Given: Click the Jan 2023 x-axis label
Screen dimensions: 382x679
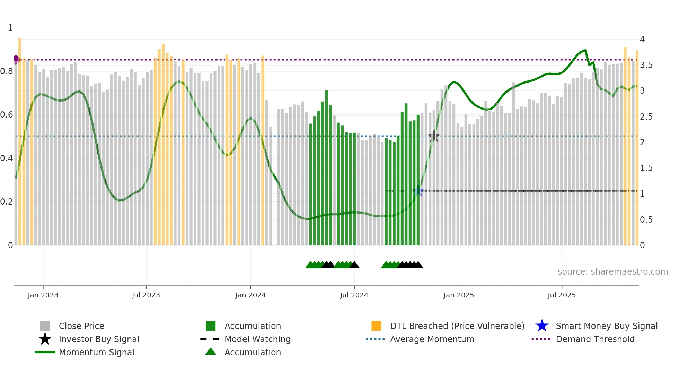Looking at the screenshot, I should [x=43, y=295].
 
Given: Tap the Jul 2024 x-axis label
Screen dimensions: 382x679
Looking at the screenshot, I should [x=354, y=295].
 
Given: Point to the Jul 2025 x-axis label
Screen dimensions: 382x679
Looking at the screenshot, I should [x=562, y=295].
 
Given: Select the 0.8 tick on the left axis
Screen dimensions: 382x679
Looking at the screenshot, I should [x=7, y=71].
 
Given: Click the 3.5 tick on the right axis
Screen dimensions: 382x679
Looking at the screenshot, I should [x=646, y=65].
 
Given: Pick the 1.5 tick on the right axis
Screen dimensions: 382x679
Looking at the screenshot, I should [x=646, y=168].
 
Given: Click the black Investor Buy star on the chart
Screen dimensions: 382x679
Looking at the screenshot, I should [x=434, y=136].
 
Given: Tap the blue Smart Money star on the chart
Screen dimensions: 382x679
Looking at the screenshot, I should [x=418, y=191].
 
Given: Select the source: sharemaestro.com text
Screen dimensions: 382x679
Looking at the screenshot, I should [x=612, y=272].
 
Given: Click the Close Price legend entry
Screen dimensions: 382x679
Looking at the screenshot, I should [x=81, y=326].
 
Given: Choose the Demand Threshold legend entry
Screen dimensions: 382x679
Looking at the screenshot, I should [x=595, y=339].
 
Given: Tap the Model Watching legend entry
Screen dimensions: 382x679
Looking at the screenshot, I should [x=257, y=339].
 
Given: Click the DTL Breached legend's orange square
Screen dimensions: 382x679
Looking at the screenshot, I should [x=376, y=326].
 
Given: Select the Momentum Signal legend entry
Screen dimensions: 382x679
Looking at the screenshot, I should [x=96, y=352].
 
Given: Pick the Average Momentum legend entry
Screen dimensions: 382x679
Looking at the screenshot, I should [x=432, y=339].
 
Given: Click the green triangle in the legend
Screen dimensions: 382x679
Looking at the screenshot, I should [x=211, y=352].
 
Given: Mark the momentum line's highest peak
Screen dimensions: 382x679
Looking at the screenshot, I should [x=585, y=50].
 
